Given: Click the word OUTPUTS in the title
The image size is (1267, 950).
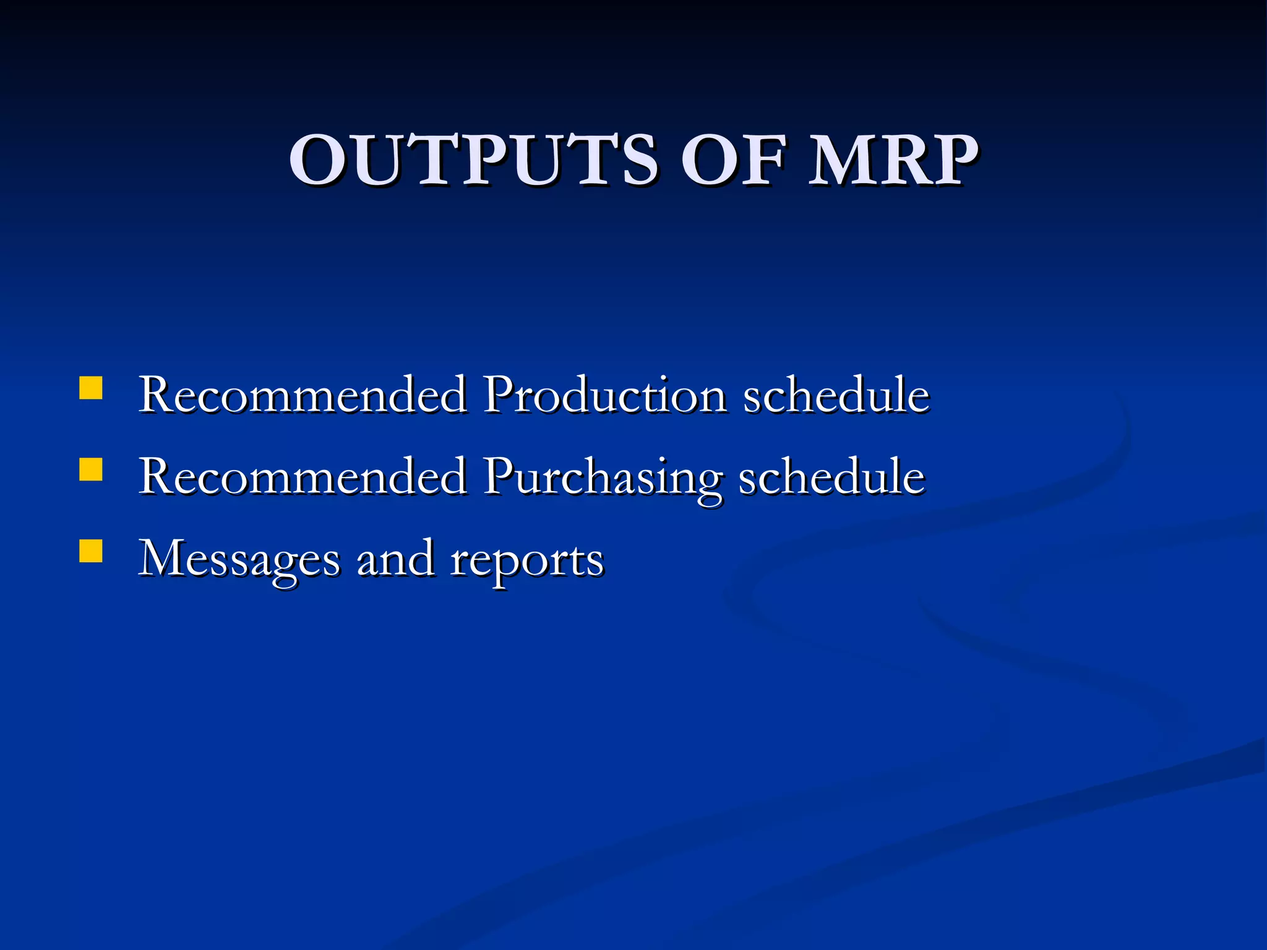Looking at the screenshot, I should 474,160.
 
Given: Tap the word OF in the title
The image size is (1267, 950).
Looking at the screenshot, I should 734,160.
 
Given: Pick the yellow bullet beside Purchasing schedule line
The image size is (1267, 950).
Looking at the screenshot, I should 91,469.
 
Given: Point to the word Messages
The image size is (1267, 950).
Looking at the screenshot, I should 239,559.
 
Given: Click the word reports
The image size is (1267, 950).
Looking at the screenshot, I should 526,560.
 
